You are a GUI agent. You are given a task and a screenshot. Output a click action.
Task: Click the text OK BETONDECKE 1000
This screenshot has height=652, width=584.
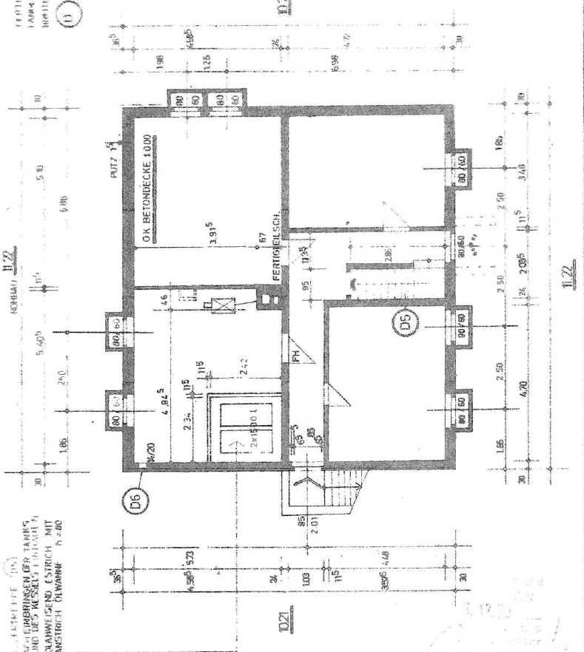coord(148,189)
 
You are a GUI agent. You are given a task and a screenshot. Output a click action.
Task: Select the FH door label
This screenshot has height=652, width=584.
coord(294,356)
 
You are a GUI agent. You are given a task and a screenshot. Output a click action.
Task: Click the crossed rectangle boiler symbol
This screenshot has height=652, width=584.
coord(221,303)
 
